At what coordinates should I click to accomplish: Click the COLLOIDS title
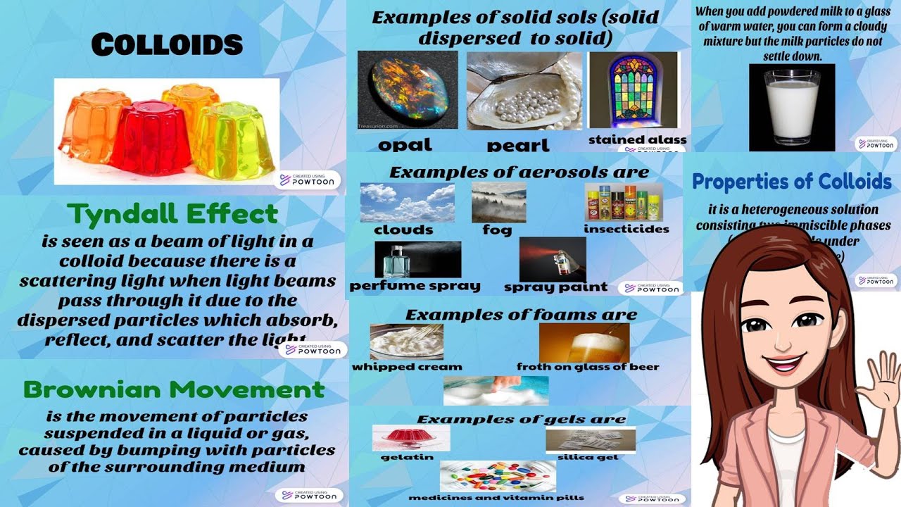coord(167,45)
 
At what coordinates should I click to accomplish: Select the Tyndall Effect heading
coord(172,214)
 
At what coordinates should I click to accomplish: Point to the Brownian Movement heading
coord(174,389)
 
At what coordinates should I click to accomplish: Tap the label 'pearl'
coord(517,146)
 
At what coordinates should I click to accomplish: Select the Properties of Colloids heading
coord(792,182)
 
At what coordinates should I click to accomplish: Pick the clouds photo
coord(407,202)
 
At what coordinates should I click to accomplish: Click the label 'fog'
coord(497,230)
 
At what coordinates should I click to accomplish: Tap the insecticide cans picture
coord(623,203)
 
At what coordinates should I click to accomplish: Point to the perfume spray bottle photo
coord(417,259)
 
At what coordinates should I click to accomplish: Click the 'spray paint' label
coord(555,287)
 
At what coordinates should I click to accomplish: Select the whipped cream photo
coord(406,342)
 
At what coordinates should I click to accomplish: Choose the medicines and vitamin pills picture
coord(497,476)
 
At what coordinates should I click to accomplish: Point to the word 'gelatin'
coord(401,457)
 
